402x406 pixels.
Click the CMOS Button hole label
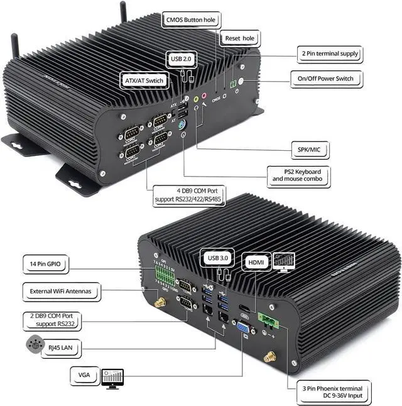coord(190,20)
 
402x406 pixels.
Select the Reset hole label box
coord(240,38)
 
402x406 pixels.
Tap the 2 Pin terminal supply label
coord(330,54)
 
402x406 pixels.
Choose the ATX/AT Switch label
coord(144,81)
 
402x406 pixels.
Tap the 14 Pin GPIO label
coord(45,262)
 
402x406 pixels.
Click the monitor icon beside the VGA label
coord(112,376)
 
